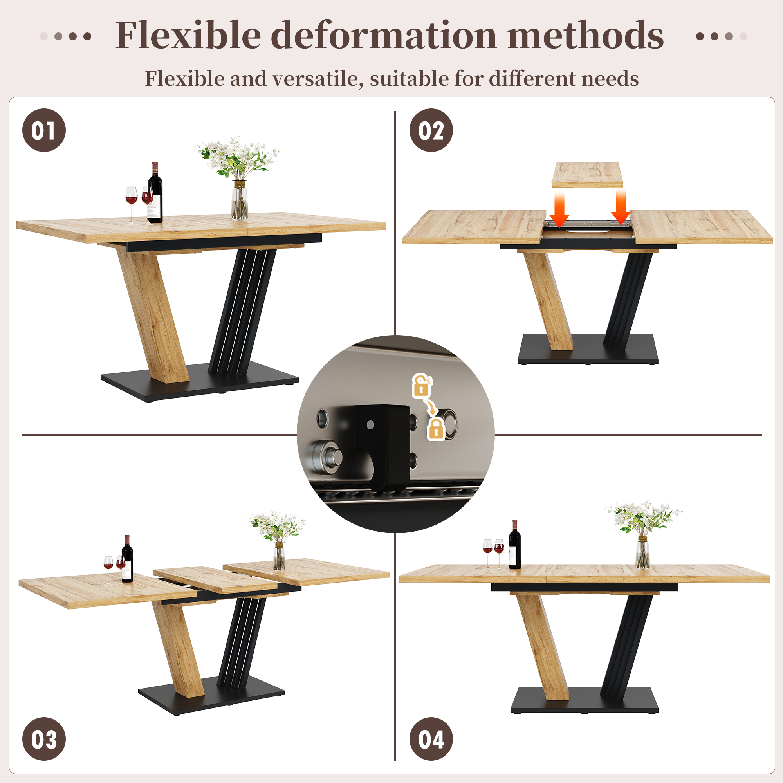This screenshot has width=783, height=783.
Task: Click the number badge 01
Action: (x=44, y=130)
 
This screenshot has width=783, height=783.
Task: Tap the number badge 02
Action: (x=431, y=130)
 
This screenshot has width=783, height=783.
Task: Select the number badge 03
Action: (x=44, y=739)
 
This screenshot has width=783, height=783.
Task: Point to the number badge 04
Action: (x=431, y=739)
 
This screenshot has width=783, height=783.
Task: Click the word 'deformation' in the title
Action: (x=383, y=36)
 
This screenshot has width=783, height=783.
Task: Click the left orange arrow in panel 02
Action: (x=560, y=209)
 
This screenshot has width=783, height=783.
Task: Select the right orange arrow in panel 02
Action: (x=621, y=207)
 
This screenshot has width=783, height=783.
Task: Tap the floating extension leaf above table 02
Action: (x=587, y=175)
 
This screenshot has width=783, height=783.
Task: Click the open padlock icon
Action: (x=422, y=385)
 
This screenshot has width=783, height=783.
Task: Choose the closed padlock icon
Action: (x=436, y=429)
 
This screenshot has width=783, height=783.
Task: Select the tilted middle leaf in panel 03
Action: (x=215, y=579)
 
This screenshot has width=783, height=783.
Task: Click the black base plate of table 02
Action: (x=588, y=349)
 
